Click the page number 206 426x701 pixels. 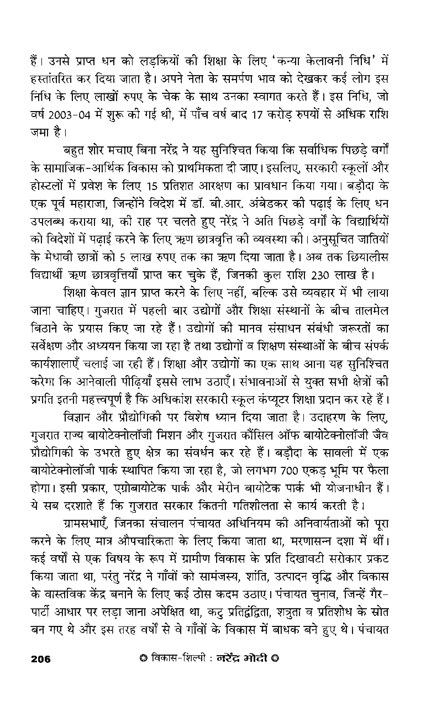[x=41, y=658]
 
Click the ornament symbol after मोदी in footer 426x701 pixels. [x=275, y=658]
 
